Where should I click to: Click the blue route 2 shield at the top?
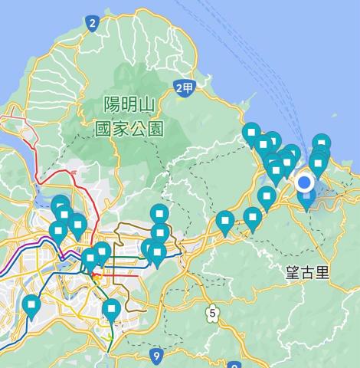pos(93,23)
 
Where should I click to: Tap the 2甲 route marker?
pos(184,88)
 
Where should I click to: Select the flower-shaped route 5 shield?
pos(211,312)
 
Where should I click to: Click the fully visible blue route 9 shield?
pos(156,355)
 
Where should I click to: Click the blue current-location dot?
pos(305,182)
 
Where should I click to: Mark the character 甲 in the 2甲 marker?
pos(188,88)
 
